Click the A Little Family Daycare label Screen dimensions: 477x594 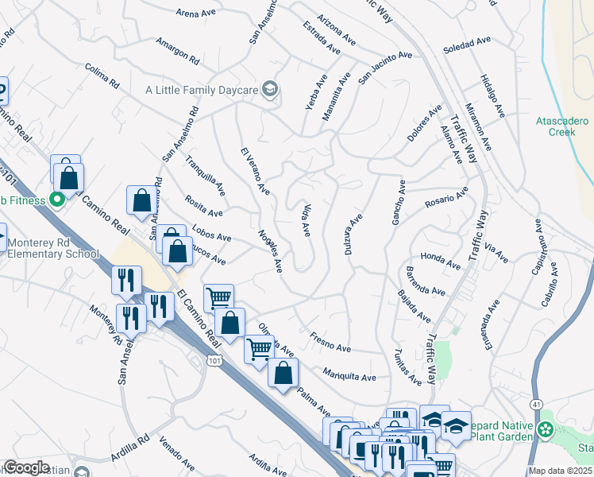202,90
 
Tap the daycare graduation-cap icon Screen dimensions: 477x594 270,89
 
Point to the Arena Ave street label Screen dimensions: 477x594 197,13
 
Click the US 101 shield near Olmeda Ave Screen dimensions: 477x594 213,362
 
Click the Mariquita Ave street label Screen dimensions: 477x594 349,373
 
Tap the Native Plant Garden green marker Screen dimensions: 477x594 545,430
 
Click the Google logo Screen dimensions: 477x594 27,467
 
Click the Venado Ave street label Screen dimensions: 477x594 177,453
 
